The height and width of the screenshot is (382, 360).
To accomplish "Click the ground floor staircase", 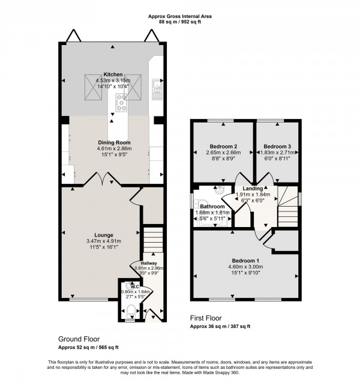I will pos(153,240).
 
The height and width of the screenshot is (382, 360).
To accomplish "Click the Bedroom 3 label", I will pos(277,147).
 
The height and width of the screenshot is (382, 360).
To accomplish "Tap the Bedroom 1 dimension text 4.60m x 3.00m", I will pos(245,267).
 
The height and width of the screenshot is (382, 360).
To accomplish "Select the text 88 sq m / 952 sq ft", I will pos(180,22).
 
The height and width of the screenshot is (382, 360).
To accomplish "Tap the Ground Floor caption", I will pos(79,339).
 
